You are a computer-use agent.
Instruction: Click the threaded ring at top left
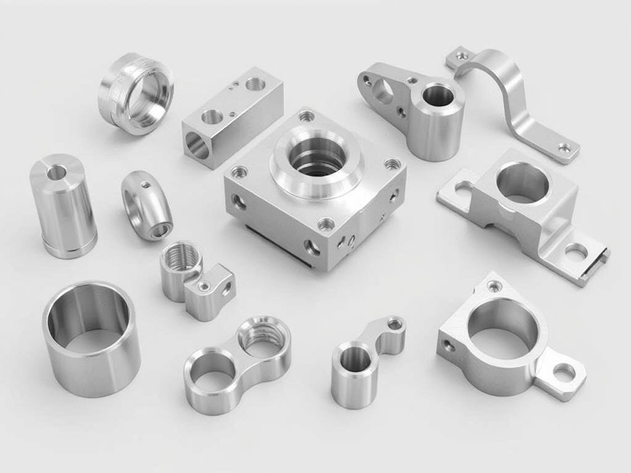click(136, 94)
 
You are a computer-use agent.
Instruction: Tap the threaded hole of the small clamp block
click(178, 254)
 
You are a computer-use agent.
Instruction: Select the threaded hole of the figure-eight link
click(264, 338)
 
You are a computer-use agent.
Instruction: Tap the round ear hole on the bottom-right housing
click(563, 371)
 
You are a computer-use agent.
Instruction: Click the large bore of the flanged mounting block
click(522, 182)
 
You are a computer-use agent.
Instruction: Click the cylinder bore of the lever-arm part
click(437, 95)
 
